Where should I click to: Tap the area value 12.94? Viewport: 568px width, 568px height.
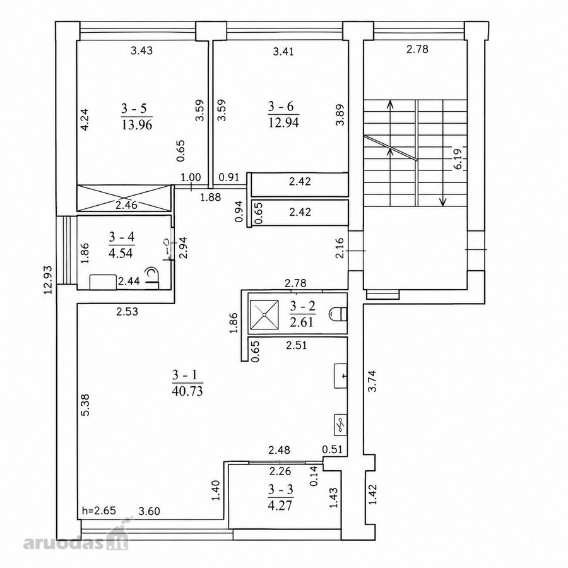(x=283, y=123)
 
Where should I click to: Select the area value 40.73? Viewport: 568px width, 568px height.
(x=187, y=391)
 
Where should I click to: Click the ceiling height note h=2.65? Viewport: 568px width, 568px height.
(x=99, y=511)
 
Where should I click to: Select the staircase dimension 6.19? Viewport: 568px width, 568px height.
(x=458, y=159)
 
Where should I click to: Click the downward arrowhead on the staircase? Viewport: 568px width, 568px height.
(x=443, y=202)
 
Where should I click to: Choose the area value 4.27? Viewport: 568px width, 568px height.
(x=281, y=505)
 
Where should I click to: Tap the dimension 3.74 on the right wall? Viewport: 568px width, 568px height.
(x=372, y=381)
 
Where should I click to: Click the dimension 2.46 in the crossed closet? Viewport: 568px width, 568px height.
(x=126, y=205)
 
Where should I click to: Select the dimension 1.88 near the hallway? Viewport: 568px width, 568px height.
(x=210, y=197)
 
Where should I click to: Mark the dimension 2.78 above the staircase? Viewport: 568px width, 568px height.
(x=417, y=49)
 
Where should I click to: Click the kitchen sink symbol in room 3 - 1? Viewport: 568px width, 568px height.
(x=341, y=376)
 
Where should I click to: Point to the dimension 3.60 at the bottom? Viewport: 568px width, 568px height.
(x=149, y=511)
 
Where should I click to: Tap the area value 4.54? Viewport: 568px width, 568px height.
(x=121, y=252)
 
